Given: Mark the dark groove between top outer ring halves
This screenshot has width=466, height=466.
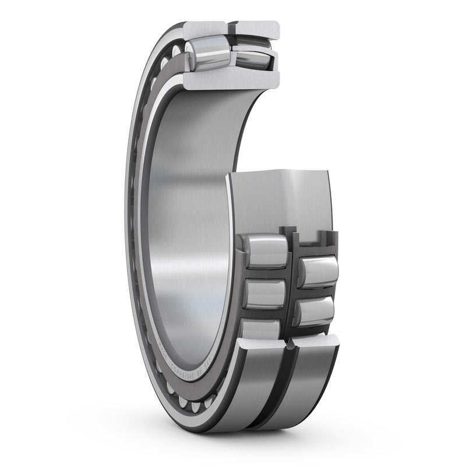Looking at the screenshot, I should [230, 27].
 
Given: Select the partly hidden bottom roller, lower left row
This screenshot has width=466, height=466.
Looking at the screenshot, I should [262, 329].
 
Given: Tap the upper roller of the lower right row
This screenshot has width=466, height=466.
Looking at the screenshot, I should [317, 271].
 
